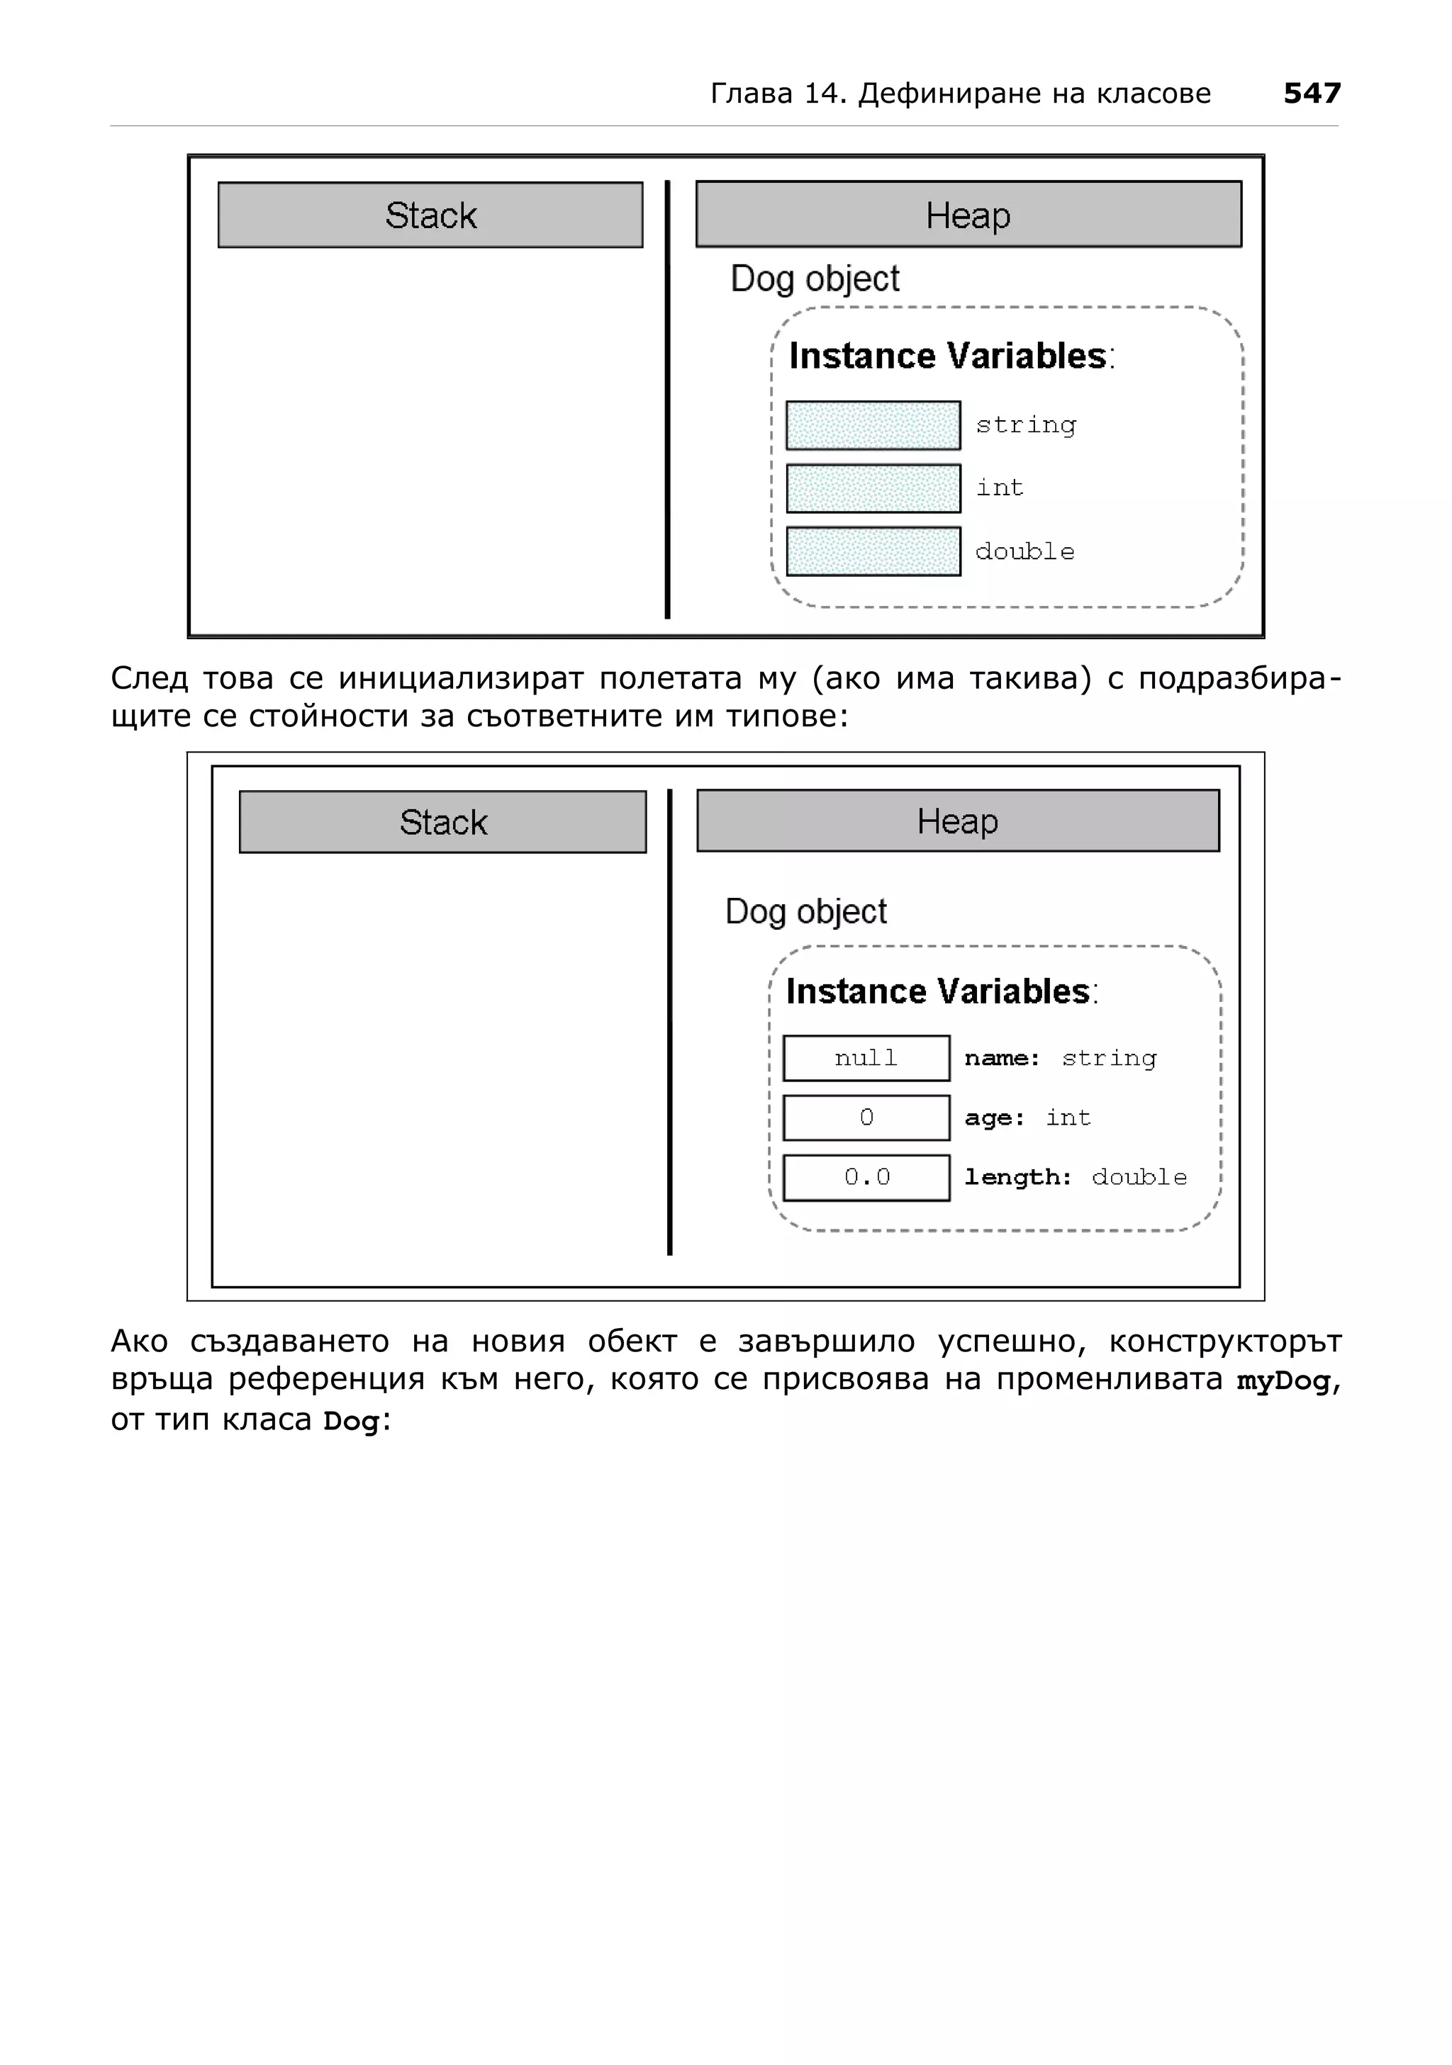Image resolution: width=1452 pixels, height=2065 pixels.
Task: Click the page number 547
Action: [x=1312, y=93]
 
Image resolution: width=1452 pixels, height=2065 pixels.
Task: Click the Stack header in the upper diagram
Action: [x=430, y=215]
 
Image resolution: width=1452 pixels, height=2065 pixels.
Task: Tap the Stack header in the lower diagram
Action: [x=442, y=822]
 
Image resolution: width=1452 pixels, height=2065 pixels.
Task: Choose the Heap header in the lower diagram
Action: [x=957, y=821]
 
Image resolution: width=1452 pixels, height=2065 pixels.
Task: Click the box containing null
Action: [x=866, y=1058]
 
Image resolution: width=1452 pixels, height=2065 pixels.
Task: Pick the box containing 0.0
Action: [x=866, y=1177]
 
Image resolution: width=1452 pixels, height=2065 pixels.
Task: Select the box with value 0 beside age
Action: [x=866, y=1118]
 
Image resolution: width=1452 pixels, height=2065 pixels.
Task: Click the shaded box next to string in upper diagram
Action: [x=873, y=425]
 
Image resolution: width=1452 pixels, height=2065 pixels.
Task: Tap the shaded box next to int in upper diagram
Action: [x=873, y=488]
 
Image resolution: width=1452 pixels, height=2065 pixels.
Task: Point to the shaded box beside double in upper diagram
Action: [x=873, y=551]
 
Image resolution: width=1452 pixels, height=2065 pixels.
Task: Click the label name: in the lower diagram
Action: [x=1001, y=1059]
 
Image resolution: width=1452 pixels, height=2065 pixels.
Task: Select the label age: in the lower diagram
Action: [x=994, y=1119]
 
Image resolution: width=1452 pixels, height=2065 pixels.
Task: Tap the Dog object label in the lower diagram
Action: [x=805, y=912]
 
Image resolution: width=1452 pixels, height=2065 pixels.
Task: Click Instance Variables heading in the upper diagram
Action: [x=950, y=356]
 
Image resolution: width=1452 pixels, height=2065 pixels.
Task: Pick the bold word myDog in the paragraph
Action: [x=1283, y=1380]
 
